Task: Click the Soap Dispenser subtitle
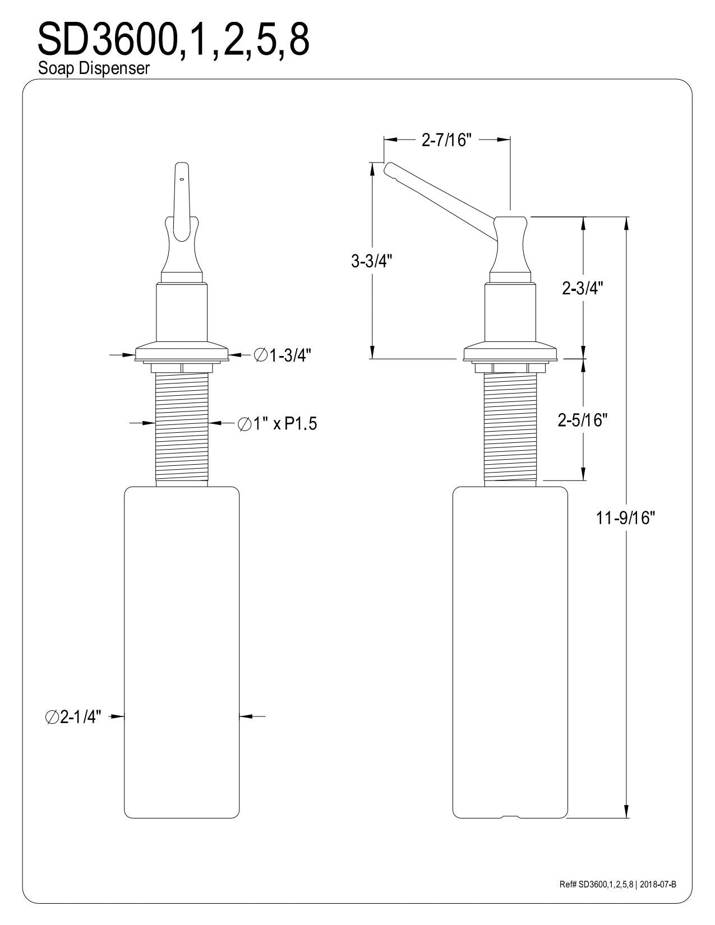[x=94, y=68]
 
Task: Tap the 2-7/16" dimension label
[x=447, y=140]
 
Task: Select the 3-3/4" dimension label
[x=371, y=261]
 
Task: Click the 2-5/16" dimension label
[x=583, y=420]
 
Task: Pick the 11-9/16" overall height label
[x=625, y=518]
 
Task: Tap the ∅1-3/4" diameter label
[x=282, y=355]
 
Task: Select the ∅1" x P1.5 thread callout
[x=278, y=424]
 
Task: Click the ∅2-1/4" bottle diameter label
[x=73, y=717]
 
